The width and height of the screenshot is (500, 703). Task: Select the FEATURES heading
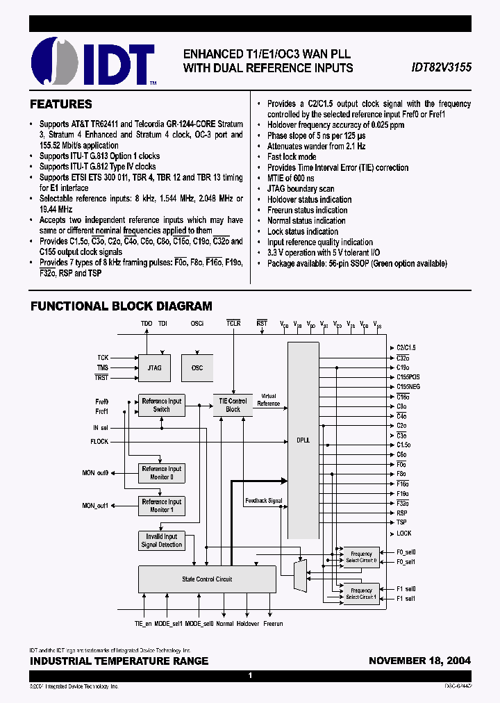pos(60,104)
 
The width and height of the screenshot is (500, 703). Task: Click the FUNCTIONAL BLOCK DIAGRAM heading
pos(121,306)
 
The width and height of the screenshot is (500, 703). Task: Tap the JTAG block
pos(154,367)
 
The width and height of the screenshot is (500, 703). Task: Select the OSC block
pos(197,367)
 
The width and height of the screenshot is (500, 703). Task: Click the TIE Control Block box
pos(233,405)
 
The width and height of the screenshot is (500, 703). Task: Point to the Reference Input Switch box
pos(161,405)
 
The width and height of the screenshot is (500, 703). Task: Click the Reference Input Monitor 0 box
pos(161,473)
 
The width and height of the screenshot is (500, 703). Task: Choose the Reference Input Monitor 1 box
pos(161,506)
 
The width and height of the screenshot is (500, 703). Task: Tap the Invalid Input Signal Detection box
pos(161,540)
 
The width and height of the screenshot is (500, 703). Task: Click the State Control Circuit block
pos(207,579)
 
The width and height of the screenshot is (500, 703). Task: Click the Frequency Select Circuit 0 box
pos(361,557)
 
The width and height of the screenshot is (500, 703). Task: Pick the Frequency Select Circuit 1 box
pos(361,593)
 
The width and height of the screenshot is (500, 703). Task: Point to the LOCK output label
pos(404,534)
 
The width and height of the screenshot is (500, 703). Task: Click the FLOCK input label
pos(99,442)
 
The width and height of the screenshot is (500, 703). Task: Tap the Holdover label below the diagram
pos(247,624)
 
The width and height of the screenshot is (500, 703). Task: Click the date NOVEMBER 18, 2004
pos(419,661)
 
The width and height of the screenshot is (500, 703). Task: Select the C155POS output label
pos(408,377)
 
